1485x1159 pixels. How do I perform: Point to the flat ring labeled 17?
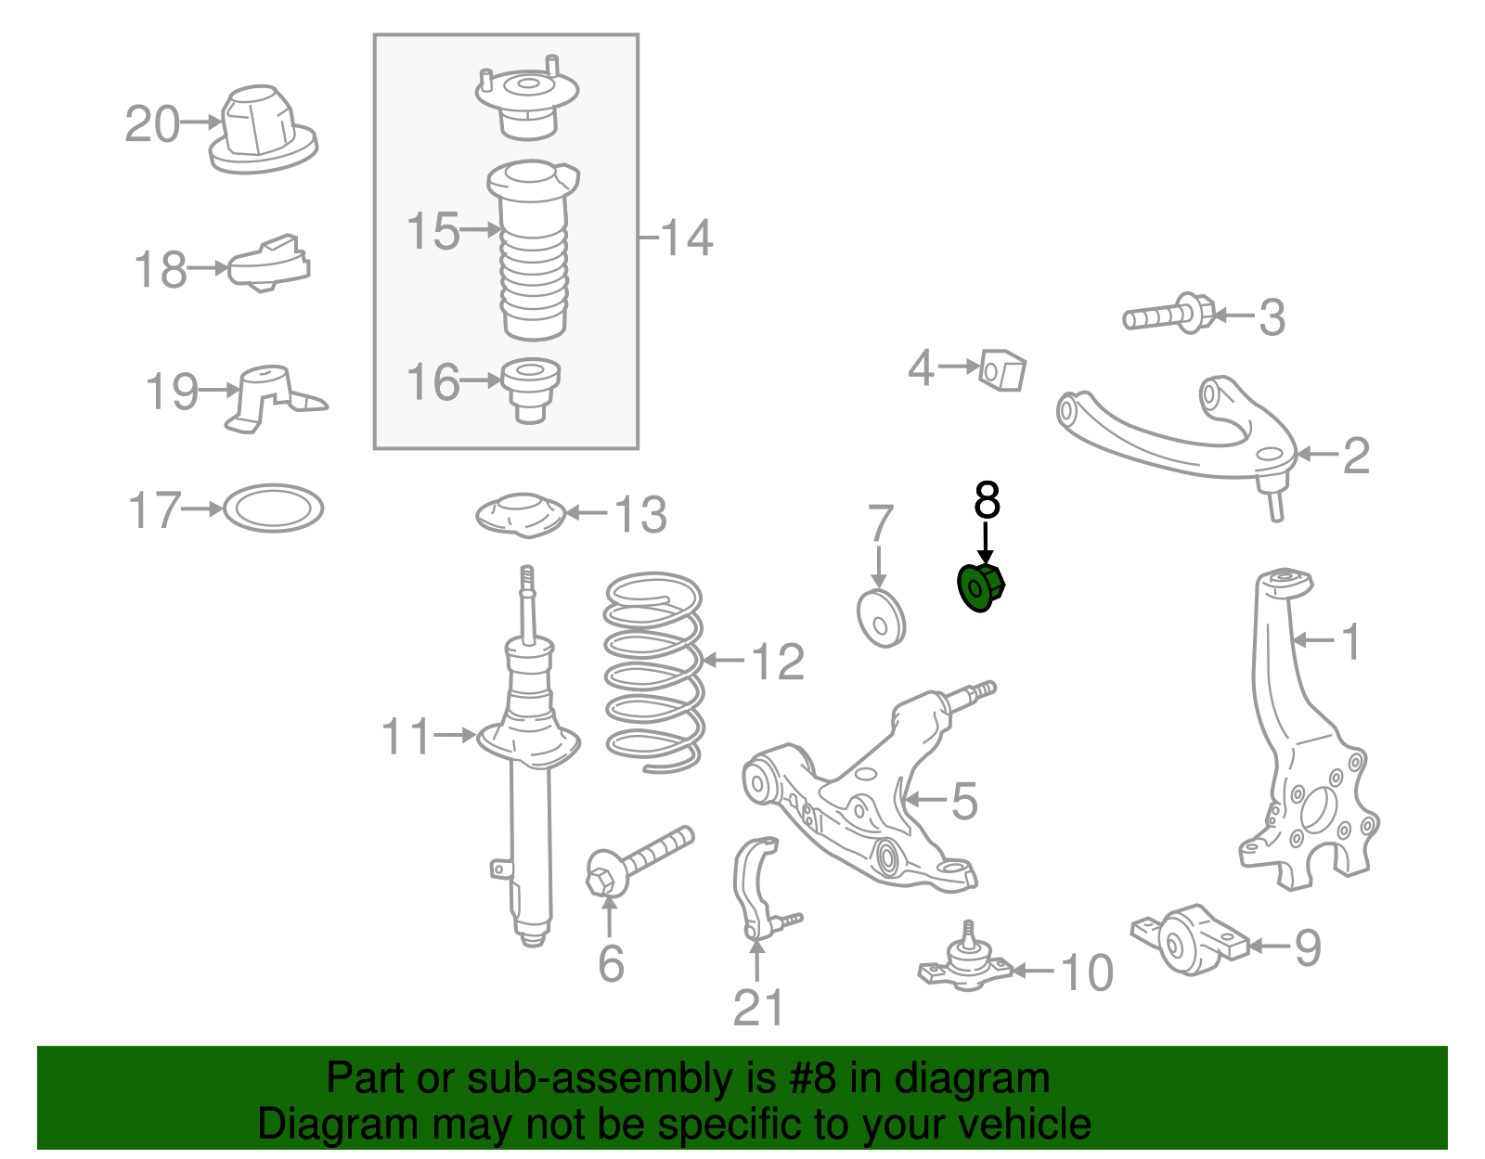(x=274, y=509)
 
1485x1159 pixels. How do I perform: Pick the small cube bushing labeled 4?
(x=1004, y=370)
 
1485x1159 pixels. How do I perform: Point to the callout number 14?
(x=687, y=238)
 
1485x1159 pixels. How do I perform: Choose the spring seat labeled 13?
(x=522, y=515)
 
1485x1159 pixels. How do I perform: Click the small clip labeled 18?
(x=270, y=265)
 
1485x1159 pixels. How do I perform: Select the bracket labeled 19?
(x=269, y=397)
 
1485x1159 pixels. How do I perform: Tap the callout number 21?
(x=758, y=1008)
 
